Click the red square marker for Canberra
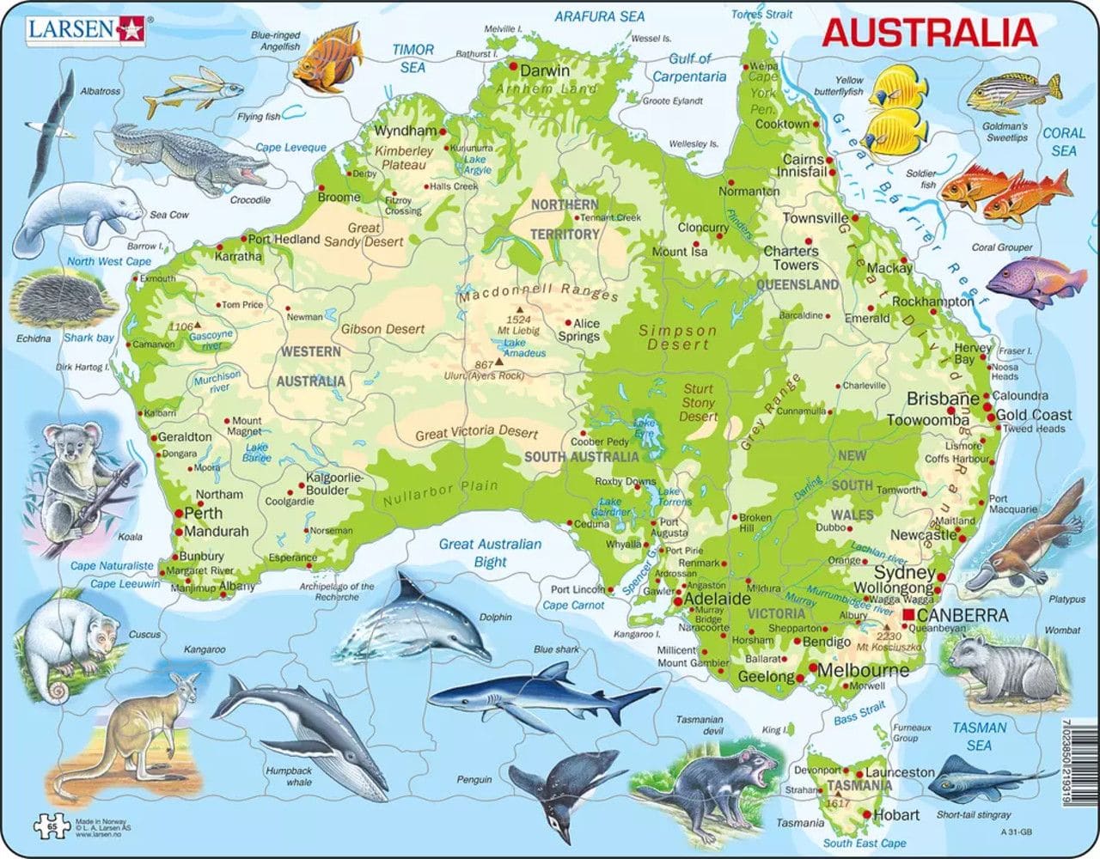[909, 617]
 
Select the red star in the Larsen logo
[133, 30]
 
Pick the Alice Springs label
[587, 330]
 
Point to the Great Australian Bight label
[490, 552]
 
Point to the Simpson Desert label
[676, 337]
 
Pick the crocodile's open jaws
[258, 173]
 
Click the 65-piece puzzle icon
[46, 827]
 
